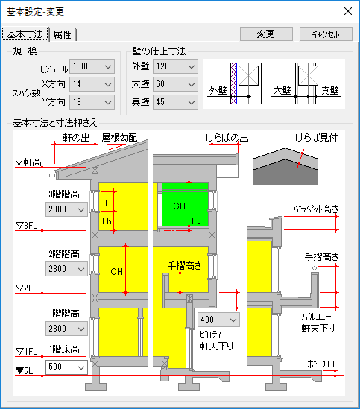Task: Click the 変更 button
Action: [x=266, y=34]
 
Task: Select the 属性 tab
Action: [x=62, y=34]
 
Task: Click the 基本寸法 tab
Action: [x=25, y=34]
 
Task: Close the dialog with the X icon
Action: [x=348, y=11]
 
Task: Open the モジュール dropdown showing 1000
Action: [x=92, y=66]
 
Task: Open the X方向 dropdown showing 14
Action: [x=92, y=84]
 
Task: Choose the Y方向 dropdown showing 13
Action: [x=92, y=102]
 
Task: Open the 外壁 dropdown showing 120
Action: [x=175, y=66]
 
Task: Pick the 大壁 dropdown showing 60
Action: [x=175, y=84]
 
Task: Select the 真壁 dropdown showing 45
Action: [x=175, y=102]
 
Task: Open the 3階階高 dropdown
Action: [x=66, y=209]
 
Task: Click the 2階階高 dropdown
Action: [x=66, y=269]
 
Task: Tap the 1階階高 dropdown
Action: [x=66, y=328]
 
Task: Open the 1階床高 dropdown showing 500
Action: [x=66, y=367]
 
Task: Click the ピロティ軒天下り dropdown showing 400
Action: [x=218, y=320]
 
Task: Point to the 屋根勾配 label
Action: [x=119, y=138]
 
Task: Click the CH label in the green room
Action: [x=179, y=206]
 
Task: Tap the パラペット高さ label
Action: [x=315, y=209]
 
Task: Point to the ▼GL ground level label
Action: [x=25, y=370]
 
